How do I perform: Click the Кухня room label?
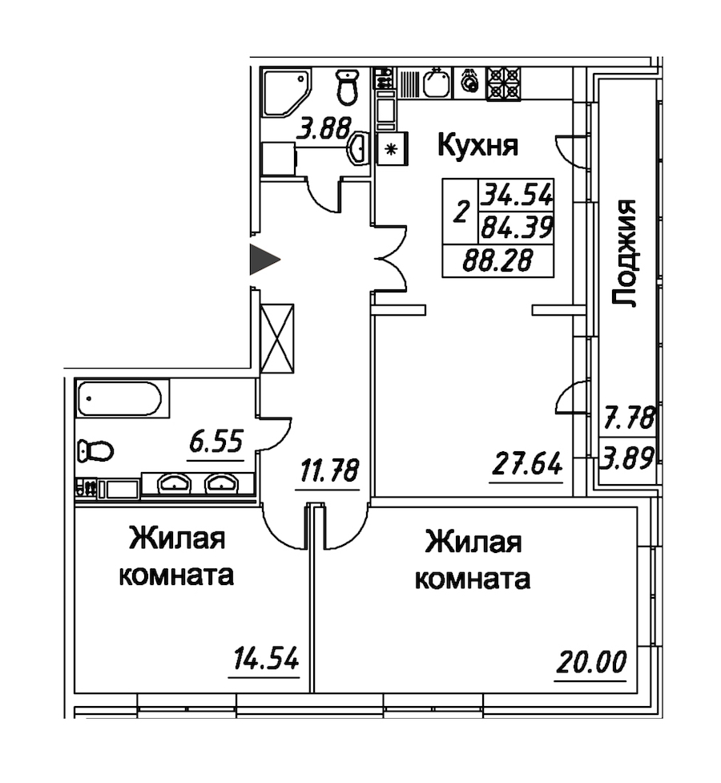click(477, 146)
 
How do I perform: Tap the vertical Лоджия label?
click(625, 253)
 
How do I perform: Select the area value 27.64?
click(527, 464)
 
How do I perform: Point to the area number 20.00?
click(590, 662)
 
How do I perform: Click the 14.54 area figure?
click(265, 658)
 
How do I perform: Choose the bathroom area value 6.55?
click(215, 441)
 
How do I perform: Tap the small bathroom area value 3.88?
click(324, 128)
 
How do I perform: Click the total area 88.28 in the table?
click(497, 260)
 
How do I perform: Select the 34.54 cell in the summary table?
click(516, 194)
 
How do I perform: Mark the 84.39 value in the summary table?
click(516, 228)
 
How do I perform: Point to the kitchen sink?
click(437, 83)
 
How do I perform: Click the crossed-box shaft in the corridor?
click(278, 338)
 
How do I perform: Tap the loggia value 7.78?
click(629, 418)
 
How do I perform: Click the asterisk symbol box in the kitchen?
click(393, 149)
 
